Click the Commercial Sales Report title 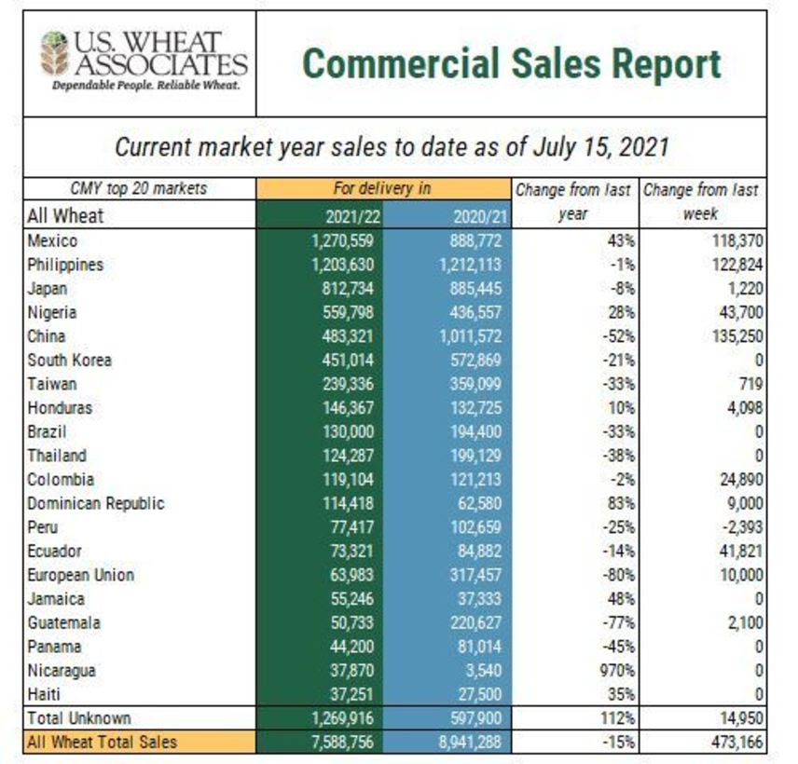point(512,64)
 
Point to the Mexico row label point(52,240)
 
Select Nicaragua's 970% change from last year point(611,670)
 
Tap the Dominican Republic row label point(95,503)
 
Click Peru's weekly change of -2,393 point(738,527)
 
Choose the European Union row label point(80,575)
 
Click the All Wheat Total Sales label point(103,743)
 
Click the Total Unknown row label point(79,718)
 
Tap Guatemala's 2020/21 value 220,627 point(470,622)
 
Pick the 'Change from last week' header point(701,201)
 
